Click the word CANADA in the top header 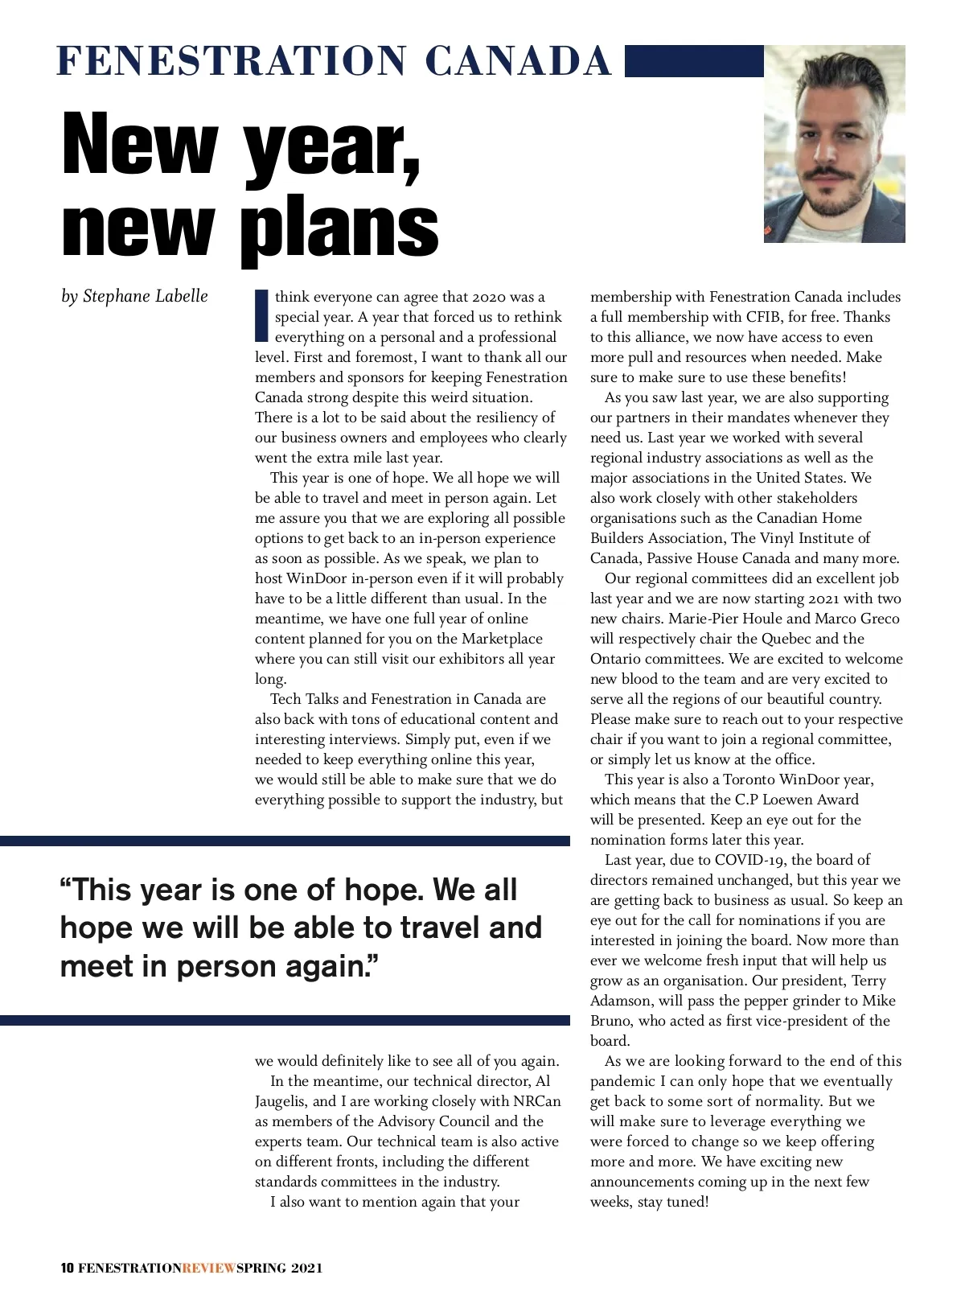click(x=518, y=61)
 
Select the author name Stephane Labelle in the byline click(x=145, y=296)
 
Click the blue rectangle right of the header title click(x=693, y=61)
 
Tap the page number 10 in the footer click(x=68, y=1269)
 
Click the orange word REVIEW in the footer click(x=209, y=1269)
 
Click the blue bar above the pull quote click(x=285, y=841)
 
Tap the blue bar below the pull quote click(x=285, y=1020)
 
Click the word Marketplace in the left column click(x=502, y=639)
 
